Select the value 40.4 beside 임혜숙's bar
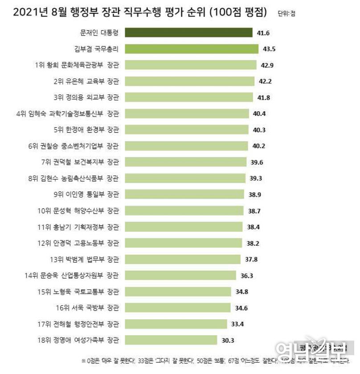(x=259, y=114)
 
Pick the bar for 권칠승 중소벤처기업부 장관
(x=186, y=146)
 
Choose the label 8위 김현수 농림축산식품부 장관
(x=74, y=179)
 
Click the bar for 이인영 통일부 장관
(x=184, y=195)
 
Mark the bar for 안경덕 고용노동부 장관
(x=183, y=243)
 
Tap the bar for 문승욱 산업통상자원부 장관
(x=180, y=276)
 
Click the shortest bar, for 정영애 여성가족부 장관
(x=171, y=341)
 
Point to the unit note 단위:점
(x=286, y=14)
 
